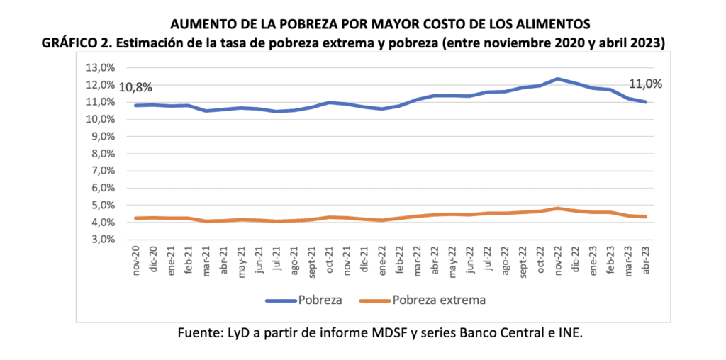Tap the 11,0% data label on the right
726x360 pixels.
pyautogui.click(x=645, y=84)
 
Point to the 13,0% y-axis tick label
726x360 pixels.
pyautogui.click(x=100, y=68)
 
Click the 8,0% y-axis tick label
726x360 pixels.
pyautogui.click(x=102, y=154)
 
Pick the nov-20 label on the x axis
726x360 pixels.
pyautogui.click(x=136, y=261)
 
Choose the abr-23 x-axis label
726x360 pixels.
pyautogui.click(x=647, y=261)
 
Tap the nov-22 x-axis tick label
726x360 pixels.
pyautogui.click(x=559, y=261)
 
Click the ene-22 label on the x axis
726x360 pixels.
pyautogui.click(x=383, y=261)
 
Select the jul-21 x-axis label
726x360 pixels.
pyautogui.click(x=277, y=261)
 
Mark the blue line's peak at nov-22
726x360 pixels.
pyautogui.click(x=559, y=79)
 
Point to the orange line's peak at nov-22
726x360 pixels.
pyautogui.click(x=559, y=208)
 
